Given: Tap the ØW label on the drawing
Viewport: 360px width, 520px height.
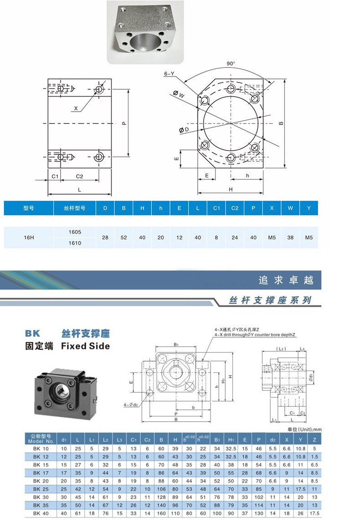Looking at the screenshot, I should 179,95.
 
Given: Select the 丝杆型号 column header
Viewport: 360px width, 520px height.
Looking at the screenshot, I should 75,208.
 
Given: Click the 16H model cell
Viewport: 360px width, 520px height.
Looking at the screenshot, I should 29,237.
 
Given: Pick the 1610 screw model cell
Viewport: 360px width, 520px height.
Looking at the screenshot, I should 75,243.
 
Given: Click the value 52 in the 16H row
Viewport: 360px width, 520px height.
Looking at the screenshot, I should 123,237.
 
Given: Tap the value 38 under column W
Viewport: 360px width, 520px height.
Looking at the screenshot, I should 290,237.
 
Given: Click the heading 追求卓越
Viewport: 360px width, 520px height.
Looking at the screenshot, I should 286,280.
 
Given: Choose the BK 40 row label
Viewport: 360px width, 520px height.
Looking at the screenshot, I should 41,514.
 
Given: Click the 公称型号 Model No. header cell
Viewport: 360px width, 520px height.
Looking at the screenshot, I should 41,438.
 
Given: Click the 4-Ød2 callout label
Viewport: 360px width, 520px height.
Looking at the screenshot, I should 131,404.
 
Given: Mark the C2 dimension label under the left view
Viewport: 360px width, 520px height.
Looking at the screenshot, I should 79,176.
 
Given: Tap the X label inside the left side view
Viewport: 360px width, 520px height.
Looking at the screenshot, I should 76,108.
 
